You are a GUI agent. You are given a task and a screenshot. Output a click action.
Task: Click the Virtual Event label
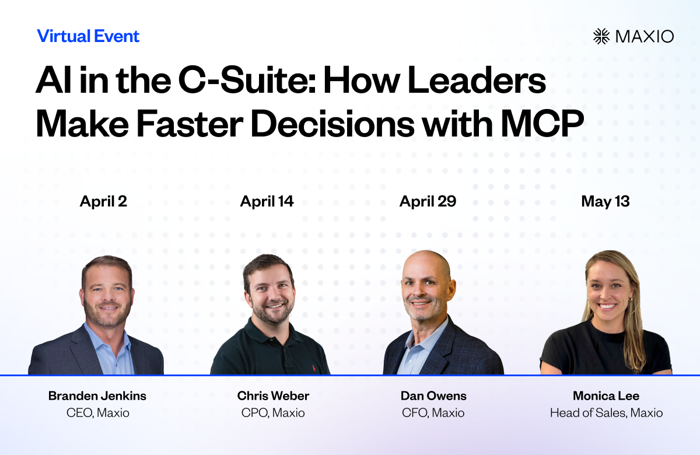click(x=88, y=36)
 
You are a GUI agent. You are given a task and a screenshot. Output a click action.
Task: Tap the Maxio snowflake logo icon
click(x=601, y=36)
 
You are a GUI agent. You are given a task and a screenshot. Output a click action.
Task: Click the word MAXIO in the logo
click(x=645, y=37)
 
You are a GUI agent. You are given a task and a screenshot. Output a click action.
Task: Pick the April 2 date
click(x=103, y=201)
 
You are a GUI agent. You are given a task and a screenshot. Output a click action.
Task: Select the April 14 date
click(x=267, y=201)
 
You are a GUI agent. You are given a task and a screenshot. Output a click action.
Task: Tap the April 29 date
click(x=428, y=201)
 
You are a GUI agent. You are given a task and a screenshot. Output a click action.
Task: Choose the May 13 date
click(x=605, y=201)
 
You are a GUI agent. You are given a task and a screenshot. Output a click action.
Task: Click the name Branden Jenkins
click(x=97, y=396)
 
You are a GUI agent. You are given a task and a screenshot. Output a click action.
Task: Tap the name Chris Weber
click(x=273, y=396)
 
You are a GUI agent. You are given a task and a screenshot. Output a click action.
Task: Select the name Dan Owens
click(x=433, y=396)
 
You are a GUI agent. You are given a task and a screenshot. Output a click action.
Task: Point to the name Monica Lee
click(x=606, y=396)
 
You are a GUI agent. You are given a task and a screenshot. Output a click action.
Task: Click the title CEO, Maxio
click(x=98, y=413)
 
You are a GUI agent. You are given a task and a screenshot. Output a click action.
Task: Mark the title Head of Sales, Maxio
click(x=606, y=413)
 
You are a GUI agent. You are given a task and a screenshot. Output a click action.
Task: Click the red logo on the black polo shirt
click(x=313, y=368)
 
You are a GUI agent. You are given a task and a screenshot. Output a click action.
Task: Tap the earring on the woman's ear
click(x=628, y=299)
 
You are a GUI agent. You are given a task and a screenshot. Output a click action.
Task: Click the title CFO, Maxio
click(x=433, y=413)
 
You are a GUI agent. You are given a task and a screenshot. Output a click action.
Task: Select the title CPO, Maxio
click(x=273, y=413)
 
